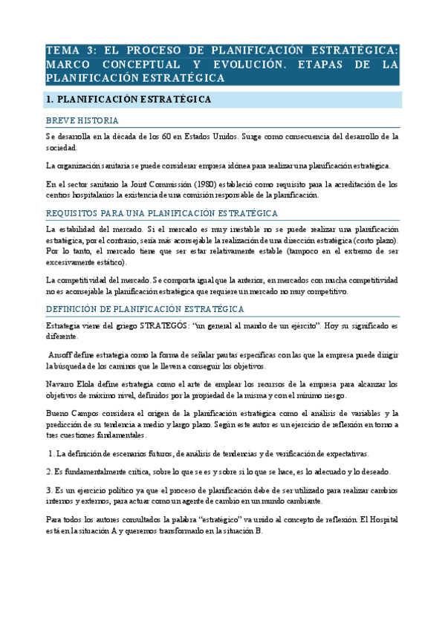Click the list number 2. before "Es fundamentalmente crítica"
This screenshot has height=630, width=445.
click(x=48, y=472)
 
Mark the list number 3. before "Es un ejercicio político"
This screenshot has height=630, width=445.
click(x=48, y=491)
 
